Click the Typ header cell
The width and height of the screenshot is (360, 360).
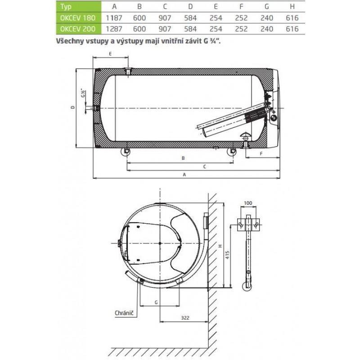[66, 7]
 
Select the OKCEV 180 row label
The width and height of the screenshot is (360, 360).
[78, 18]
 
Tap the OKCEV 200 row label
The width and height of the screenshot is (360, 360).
[78, 29]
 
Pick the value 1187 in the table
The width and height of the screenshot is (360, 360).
[114, 18]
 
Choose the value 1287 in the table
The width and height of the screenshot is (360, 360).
[114, 29]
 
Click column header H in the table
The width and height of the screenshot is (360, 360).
[292, 6]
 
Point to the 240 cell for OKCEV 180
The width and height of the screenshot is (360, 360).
[267, 18]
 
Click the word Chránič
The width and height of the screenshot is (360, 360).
[124, 313]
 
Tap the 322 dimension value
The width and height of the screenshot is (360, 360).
[185, 318]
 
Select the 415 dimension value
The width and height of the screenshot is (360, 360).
[227, 255]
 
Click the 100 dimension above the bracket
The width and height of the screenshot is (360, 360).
[248, 203]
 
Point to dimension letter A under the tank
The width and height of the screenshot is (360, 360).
[184, 175]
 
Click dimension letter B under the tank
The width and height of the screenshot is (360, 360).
[183, 158]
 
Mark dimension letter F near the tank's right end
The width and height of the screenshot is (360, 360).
[261, 154]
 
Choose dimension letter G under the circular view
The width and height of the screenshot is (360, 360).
[156, 302]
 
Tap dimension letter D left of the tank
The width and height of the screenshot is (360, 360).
[73, 107]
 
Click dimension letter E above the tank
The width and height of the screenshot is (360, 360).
[110, 54]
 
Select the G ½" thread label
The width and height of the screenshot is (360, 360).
[84, 93]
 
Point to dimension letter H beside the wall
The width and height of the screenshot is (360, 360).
[220, 246]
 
